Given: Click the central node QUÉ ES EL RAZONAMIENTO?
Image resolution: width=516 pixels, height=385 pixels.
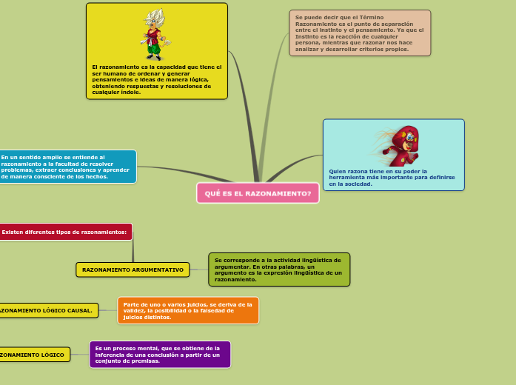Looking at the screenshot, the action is (258, 193).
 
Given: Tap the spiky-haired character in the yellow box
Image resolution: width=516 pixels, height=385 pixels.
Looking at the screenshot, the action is (155, 34).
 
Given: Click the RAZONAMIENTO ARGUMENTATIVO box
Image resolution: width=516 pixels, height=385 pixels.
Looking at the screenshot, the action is (133, 269).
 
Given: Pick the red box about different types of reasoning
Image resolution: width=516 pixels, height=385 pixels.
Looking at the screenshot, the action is (65, 232).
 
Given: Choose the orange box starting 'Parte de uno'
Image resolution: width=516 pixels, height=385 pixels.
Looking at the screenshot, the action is (188, 310).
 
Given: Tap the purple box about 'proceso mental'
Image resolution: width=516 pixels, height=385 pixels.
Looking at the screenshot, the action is (159, 354).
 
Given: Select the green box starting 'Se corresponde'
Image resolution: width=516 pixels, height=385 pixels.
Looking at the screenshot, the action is (279, 269).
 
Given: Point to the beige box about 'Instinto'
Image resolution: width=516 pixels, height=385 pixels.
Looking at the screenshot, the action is (359, 33).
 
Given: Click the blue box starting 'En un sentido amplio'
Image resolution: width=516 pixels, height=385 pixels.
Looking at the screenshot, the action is (66, 167).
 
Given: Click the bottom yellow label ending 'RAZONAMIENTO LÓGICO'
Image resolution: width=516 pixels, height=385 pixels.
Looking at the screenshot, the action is (33, 355).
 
